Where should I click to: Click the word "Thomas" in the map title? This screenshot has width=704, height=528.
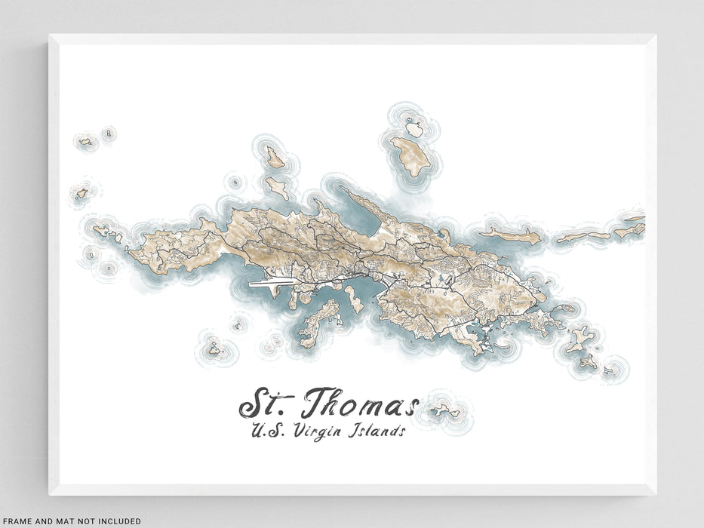[359, 404]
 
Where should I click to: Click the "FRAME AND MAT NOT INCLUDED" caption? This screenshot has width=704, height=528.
[71, 520]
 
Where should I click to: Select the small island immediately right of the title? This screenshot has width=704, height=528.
[445, 411]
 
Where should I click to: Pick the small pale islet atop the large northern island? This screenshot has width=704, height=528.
[413, 129]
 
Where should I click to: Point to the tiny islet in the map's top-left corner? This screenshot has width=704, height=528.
[85, 141]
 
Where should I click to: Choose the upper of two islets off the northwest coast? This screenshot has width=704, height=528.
[275, 158]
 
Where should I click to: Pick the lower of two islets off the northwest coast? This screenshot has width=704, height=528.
[277, 188]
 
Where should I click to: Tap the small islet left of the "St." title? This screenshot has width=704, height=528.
[214, 349]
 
